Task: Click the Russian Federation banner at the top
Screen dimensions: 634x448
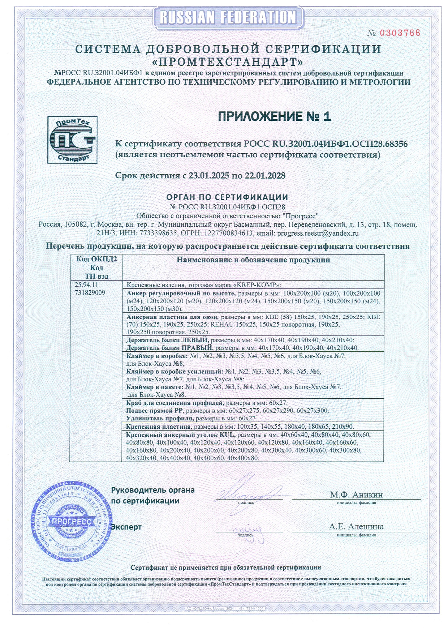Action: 228,17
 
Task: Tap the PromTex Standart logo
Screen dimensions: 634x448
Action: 72,140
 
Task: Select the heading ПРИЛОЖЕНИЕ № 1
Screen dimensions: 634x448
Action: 275,116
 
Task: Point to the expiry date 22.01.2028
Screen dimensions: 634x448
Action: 265,176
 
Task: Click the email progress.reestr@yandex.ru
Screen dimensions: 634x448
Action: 318,233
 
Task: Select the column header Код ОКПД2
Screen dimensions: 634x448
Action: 96,260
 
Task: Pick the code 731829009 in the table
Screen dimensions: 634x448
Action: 90,293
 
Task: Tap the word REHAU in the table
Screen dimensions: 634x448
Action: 222,325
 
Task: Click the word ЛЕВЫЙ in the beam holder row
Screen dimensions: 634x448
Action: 195,340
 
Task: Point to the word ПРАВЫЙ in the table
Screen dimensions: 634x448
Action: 198,348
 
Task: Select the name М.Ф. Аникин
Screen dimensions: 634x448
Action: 356,494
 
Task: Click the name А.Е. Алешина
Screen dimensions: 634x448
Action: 356,527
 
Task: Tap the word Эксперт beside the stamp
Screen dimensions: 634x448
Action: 126,527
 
